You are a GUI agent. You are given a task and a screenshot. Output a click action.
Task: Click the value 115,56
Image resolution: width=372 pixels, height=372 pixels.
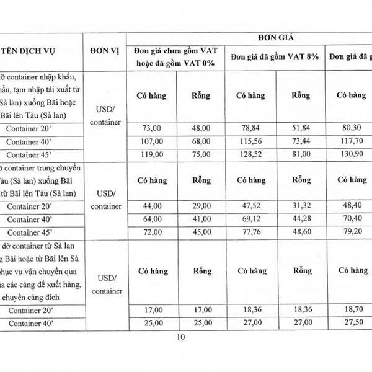point(250,141)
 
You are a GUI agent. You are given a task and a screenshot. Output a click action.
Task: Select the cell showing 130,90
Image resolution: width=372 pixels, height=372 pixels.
point(350,154)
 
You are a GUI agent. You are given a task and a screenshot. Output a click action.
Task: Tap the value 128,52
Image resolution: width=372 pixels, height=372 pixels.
point(250,154)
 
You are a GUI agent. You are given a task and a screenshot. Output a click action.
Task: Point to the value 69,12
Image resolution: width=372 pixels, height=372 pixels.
point(250,219)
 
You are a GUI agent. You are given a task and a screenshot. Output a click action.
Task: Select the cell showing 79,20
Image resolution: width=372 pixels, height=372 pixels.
point(350,232)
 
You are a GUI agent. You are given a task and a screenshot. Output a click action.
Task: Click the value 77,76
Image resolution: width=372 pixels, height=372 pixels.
point(250,232)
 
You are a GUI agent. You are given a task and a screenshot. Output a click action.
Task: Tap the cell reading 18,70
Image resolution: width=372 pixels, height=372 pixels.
point(350,308)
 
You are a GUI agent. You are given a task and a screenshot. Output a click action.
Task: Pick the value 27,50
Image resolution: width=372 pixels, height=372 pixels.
point(350,323)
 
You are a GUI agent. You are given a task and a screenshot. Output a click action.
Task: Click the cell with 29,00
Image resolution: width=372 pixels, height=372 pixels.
point(201,205)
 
